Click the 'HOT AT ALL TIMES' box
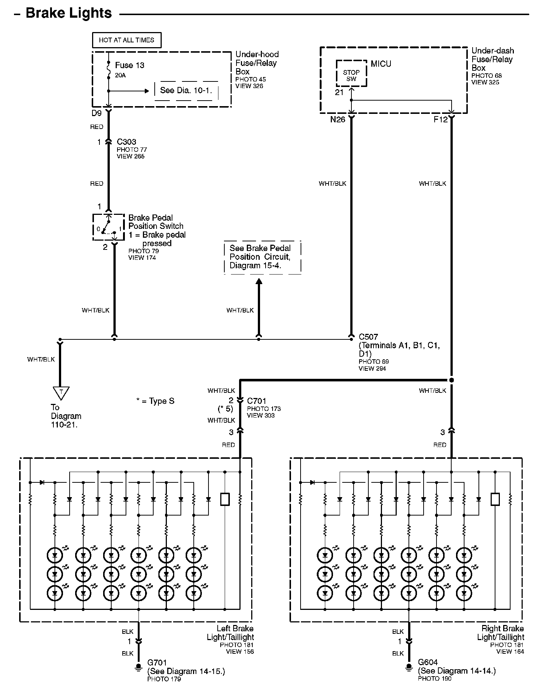(126, 40)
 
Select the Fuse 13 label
(130, 65)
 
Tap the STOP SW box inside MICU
(351, 74)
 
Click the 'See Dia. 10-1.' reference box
(186, 91)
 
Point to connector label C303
(126, 142)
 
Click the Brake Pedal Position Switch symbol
(108, 227)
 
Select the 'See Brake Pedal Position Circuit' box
(262, 257)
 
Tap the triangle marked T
(61, 393)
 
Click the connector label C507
(368, 337)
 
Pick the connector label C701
(257, 401)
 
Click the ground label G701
(157, 663)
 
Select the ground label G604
(428, 663)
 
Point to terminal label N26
(338, 119)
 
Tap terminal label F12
(441, 119)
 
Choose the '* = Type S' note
(155, 401)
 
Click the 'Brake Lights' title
(69, 13)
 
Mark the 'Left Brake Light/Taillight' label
(230, 633)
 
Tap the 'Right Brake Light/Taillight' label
(501, 633)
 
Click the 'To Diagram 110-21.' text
(66, 416)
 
